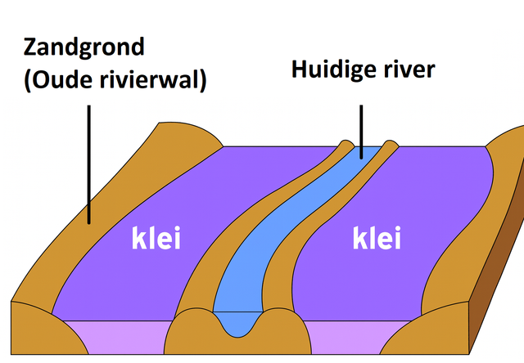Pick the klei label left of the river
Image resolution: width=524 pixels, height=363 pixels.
156,240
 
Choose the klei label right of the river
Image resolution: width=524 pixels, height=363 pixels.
377,240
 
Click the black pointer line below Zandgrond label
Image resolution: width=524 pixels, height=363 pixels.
88,164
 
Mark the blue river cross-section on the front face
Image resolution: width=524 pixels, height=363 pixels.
238,323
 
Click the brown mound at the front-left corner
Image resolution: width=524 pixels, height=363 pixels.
37,331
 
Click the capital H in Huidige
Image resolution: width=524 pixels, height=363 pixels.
300,69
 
